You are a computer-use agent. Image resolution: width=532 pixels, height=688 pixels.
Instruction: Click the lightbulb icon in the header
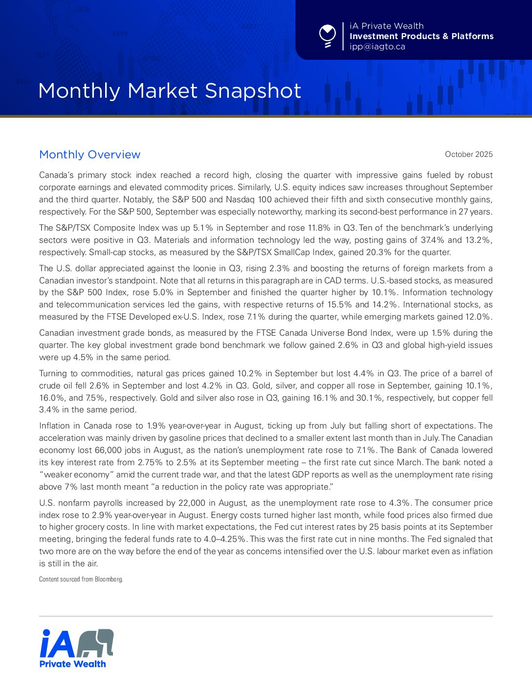point(327,36)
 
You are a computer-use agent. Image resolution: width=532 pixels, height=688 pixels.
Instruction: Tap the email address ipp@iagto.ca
point(377,47)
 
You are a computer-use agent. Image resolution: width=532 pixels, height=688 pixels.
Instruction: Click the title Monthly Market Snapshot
point(169,91)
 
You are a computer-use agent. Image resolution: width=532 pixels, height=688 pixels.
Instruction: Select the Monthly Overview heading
point(89,154)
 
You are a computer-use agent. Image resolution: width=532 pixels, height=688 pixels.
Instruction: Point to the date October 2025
point(468,154)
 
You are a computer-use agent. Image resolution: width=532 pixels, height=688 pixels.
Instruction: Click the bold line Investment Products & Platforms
point(421,36)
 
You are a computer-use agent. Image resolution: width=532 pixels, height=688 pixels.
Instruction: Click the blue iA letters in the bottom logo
point(57,644)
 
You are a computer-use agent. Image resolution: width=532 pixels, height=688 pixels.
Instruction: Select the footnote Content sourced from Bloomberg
point(81,580)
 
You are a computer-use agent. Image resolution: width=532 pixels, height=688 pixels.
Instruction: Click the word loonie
point(209,268)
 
